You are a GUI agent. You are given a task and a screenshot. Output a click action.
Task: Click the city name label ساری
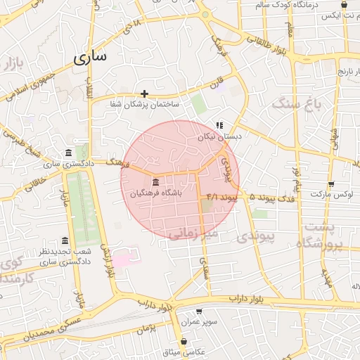tap(89, 58)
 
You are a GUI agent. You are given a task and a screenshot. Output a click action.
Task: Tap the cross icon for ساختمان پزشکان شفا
tap(144, 94)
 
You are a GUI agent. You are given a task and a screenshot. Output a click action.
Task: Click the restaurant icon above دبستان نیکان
tap(219, 125)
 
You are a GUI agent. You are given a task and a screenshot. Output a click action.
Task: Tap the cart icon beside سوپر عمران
tap(199, 311)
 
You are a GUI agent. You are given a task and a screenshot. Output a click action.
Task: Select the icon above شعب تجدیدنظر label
tap(65, 240)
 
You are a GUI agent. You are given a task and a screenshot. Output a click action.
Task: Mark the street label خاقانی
tap(34, 184)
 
